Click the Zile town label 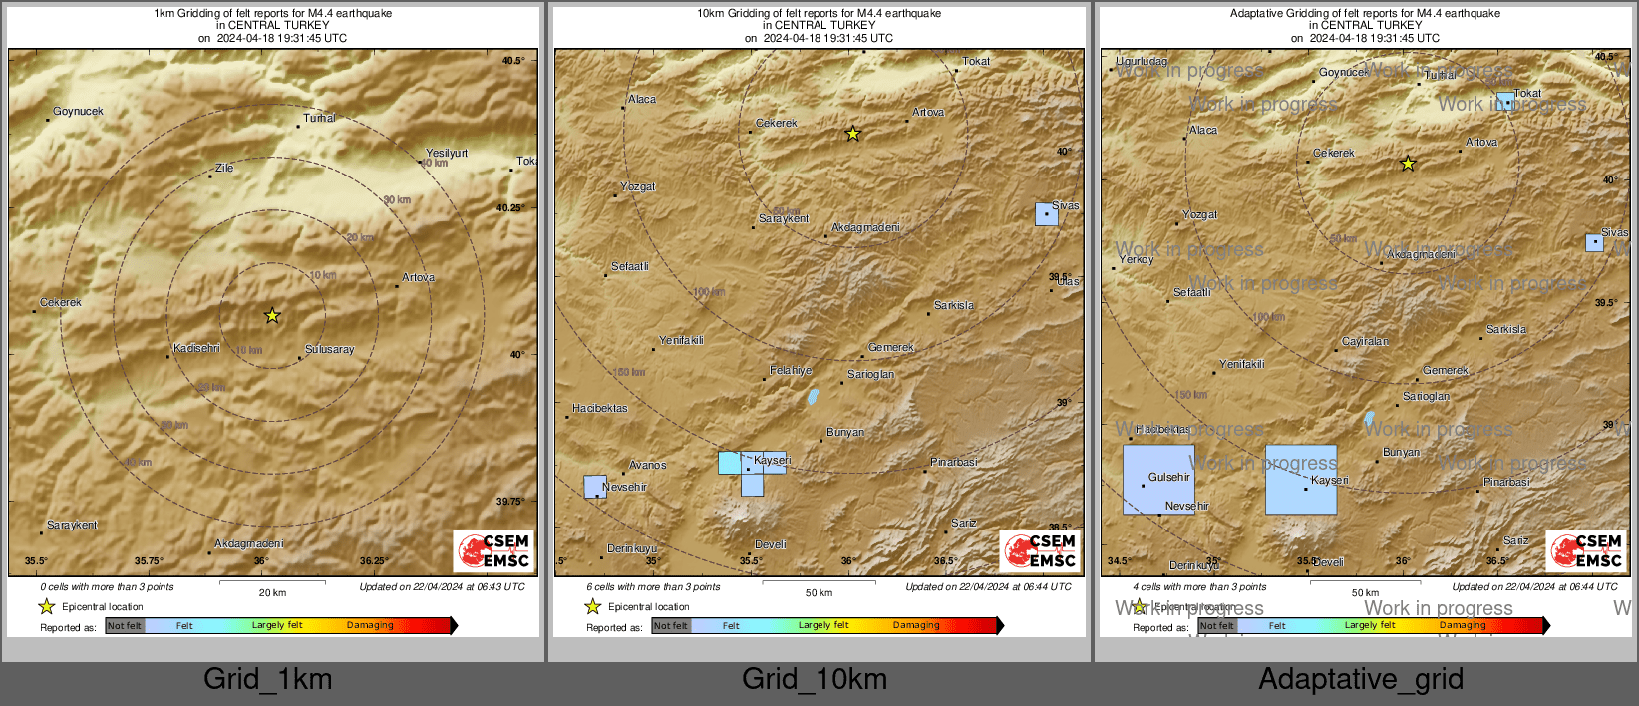click(x=224, y=168)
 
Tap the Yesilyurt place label click(x=446, y=153)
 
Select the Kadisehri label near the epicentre click(x=195, y=348)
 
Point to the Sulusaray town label click(x=329, y=349)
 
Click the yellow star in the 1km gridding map click(x=272, y=316)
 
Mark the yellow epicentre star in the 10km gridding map click(x=852, y=134)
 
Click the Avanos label click(x=647, y=465)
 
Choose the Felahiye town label click(x=791, y=370)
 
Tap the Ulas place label click(x=1068, y=282)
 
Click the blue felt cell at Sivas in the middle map click(x=1046, y=214)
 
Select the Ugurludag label click(x=1141, y=61)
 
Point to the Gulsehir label click(x=1168, y=477)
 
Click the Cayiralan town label click(x=1365, y=341)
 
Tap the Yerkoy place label click(x=1136, y=259)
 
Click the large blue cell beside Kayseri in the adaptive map click(x=1300, y=479)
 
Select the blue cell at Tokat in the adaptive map click(x=1505, y=101)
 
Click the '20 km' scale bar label click(x=272, y=592)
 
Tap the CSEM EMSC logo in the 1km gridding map click(x=493, y=550)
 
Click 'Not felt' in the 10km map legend click(x=671, y=626)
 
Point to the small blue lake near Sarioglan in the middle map click(x=813, y=397)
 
